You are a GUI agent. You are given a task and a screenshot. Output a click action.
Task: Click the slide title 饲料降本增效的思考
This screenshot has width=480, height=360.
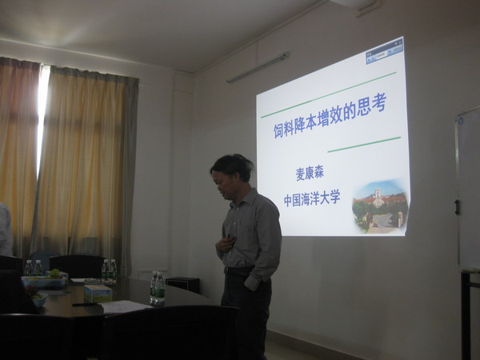330,116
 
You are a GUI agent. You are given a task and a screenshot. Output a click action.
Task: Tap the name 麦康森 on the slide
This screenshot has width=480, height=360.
310,174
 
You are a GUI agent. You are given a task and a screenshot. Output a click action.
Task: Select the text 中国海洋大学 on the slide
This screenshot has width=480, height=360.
312,198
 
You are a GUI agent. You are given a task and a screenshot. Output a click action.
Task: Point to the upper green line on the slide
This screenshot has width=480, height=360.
329,95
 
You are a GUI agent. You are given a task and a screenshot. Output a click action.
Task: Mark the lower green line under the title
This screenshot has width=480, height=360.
364,145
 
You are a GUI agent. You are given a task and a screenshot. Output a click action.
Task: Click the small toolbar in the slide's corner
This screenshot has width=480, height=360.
385,54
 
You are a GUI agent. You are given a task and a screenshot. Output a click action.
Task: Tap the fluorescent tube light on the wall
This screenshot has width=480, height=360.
258,67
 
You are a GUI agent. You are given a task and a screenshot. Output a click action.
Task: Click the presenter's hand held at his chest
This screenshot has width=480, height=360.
225,243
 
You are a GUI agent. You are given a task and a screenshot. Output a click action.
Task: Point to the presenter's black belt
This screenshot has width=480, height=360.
238,270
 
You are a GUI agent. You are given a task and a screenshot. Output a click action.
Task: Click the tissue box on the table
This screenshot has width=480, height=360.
98,294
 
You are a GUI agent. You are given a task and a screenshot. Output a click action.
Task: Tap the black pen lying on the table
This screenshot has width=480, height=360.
85,305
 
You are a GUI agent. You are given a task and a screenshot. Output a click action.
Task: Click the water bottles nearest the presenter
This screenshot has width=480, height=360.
158,288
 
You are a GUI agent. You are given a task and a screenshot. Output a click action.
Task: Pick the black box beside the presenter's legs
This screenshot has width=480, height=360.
182,285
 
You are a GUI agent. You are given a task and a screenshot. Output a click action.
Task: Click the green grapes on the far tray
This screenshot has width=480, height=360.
54,274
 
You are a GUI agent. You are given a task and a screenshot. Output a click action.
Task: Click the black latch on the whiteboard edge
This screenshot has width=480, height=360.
458,207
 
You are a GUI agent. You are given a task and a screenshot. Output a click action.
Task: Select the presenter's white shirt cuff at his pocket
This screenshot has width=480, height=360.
252,282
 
